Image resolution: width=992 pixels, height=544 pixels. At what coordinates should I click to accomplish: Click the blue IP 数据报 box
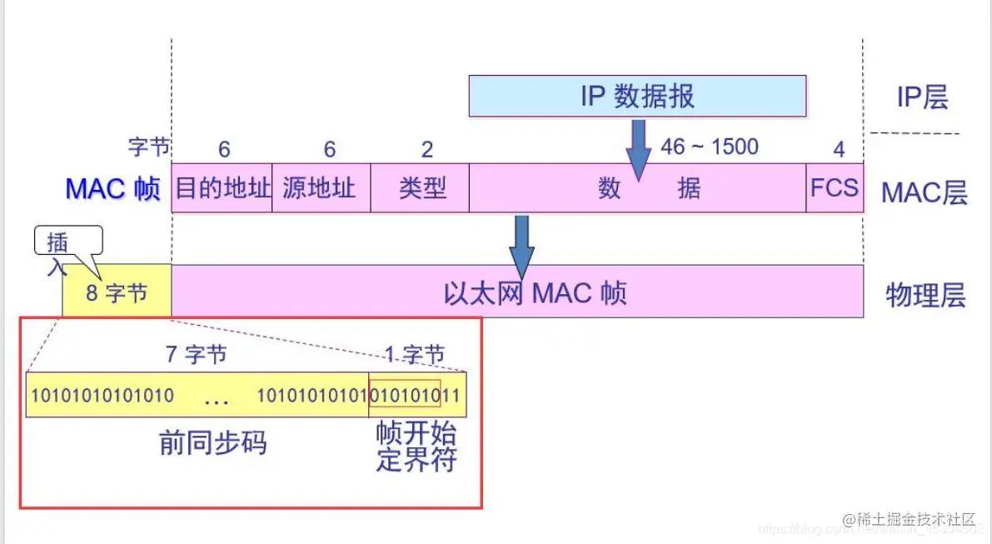pos(637,96)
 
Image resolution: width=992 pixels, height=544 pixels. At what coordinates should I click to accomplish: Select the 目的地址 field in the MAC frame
pos(222,187)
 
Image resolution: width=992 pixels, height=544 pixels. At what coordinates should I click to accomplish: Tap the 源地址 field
pos(320,187)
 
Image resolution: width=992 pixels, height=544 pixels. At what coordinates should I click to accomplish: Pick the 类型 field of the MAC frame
pos(422,188)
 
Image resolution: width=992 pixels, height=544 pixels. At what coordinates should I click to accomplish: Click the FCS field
pos(834,187)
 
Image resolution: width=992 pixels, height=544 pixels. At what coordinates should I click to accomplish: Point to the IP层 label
pos(922,97)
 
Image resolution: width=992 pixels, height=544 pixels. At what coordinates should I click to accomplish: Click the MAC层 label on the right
pos(925,192)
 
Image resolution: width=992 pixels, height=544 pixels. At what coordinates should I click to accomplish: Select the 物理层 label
pos(925,295)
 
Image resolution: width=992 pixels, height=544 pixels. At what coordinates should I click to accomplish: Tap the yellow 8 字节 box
pos(117,293)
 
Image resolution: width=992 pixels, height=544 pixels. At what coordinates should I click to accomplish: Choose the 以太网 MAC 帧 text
pos(535,293)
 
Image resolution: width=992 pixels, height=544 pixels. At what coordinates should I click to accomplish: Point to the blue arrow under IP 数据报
pos(638,148)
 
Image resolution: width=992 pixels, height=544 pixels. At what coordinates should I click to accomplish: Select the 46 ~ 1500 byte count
pos(710,147)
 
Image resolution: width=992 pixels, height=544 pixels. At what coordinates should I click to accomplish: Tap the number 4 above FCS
pos(839,149)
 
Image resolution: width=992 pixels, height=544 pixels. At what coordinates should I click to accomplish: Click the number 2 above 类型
pos(426,149)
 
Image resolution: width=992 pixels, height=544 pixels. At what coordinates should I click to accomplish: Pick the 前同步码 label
pos(213,443)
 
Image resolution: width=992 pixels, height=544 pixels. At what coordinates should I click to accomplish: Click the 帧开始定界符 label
pos(416,447)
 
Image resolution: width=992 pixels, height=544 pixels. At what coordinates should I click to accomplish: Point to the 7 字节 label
pos(196,354)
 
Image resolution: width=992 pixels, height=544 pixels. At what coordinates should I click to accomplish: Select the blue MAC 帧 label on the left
pos(112,189)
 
